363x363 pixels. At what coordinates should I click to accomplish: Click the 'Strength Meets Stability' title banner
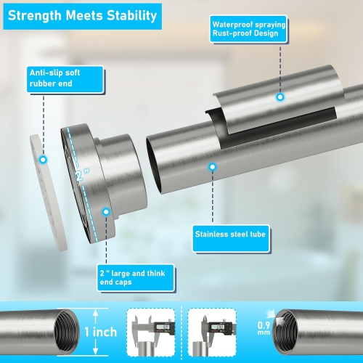pyautogui.click(x=83, y=16)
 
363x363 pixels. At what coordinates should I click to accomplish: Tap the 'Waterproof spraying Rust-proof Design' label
pyautogui.click(x=248, y=29)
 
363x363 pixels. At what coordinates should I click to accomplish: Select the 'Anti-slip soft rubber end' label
pyautogui.click(x=65, y=79)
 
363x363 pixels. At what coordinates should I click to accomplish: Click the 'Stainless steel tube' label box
pyautogui.click(x=231, y=239)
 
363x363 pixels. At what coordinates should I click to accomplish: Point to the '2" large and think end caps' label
pyautogui.click(x=136, y=277)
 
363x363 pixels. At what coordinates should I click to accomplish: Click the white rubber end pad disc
pyautogui.click(x=49, y=192)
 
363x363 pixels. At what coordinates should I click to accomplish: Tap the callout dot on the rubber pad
pyautogui.click(x=43, y=160)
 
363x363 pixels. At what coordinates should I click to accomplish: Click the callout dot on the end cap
pyautogui.click(x=106, y=212)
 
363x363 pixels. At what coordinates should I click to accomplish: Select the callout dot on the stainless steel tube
pyautogui.click(x=213, y=167)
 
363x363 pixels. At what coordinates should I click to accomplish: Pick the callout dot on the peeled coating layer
pyautogui.click(x=280, y=97)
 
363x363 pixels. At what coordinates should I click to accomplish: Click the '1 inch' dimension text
pyautogui.click(x=101, y=332)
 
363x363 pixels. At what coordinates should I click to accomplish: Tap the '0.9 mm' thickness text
pyautogui.click(x=264, y=328)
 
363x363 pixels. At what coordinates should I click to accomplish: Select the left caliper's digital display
pyautogui.click(x=162, y=327)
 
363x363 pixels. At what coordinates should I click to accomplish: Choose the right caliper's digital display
pyautogui.click(x=217, y=327)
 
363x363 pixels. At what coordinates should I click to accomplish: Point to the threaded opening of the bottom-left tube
pyautogui.click(x=66, y=332)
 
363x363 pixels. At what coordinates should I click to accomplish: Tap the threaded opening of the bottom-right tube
pyautogui.click(x=285, y=332)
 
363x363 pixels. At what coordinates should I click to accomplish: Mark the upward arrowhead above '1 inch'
pyautogui.click(x=96, y=314)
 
